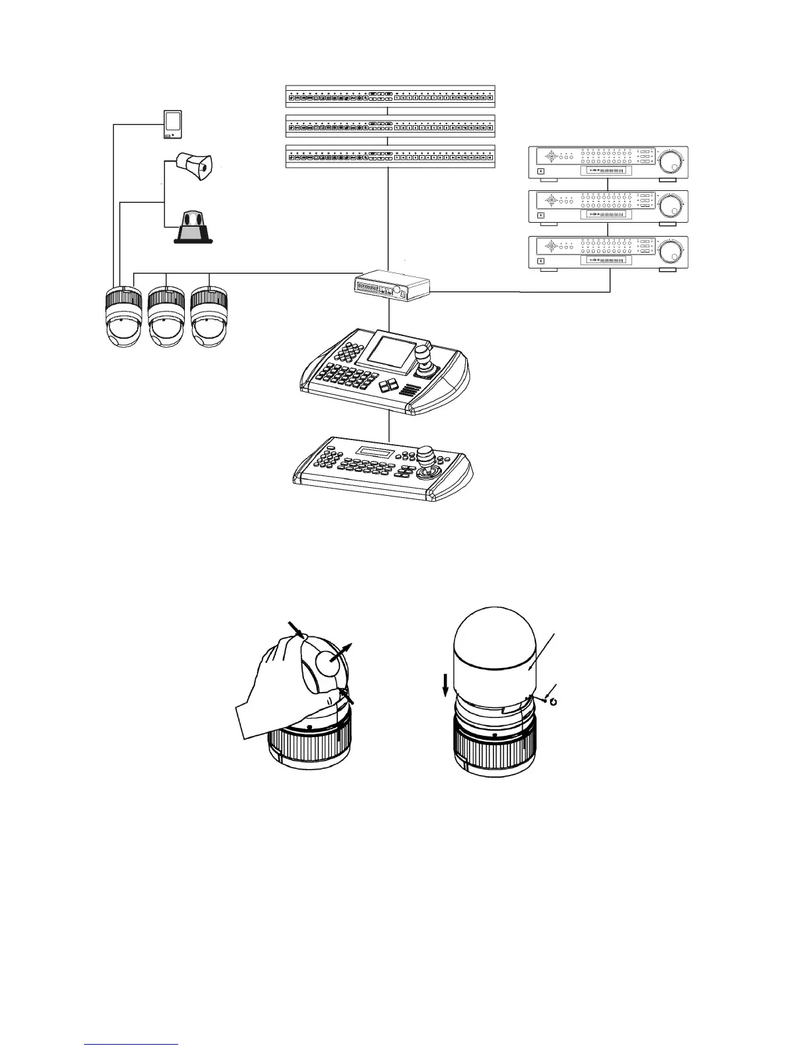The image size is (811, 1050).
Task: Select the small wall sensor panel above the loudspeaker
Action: pyautogui.click(x=172, y=125)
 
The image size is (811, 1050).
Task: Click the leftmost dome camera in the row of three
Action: pyautogui.click(x=125, y=317)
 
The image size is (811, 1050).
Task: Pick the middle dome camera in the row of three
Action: pyautogui.click(x=166, y=317)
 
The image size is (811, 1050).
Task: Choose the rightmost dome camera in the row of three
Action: pyautogui.click(x=209, y=317)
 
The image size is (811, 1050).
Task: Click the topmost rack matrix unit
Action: pyautogui.click(x=390, y=96)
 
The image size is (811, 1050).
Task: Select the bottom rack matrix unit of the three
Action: pyautogui.click(x=390, y=156)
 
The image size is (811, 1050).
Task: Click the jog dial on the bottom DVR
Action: pyautogui.click(x=672, y=253)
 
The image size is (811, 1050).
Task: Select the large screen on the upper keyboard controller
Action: pyautogui.click(x=391, y=349)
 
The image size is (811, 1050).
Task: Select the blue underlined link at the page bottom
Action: pyautogui.click(x=132, y=1044)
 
